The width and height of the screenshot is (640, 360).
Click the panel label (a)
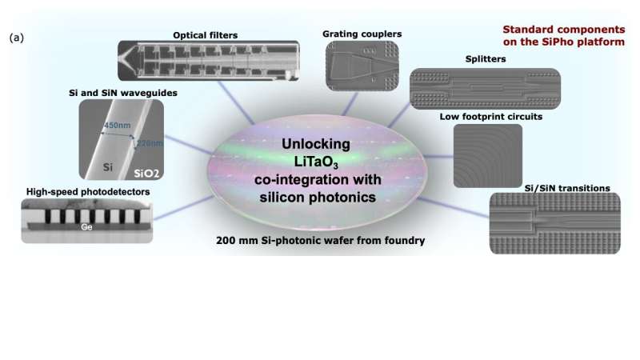click(x=15, y=38)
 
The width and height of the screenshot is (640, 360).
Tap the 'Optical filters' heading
click(x=206, y=34)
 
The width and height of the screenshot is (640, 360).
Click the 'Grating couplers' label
click(x=362, y=34)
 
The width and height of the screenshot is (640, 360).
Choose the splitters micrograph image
click(x=485, y=88)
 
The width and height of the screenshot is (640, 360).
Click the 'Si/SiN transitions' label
click(x=565, y=188)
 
